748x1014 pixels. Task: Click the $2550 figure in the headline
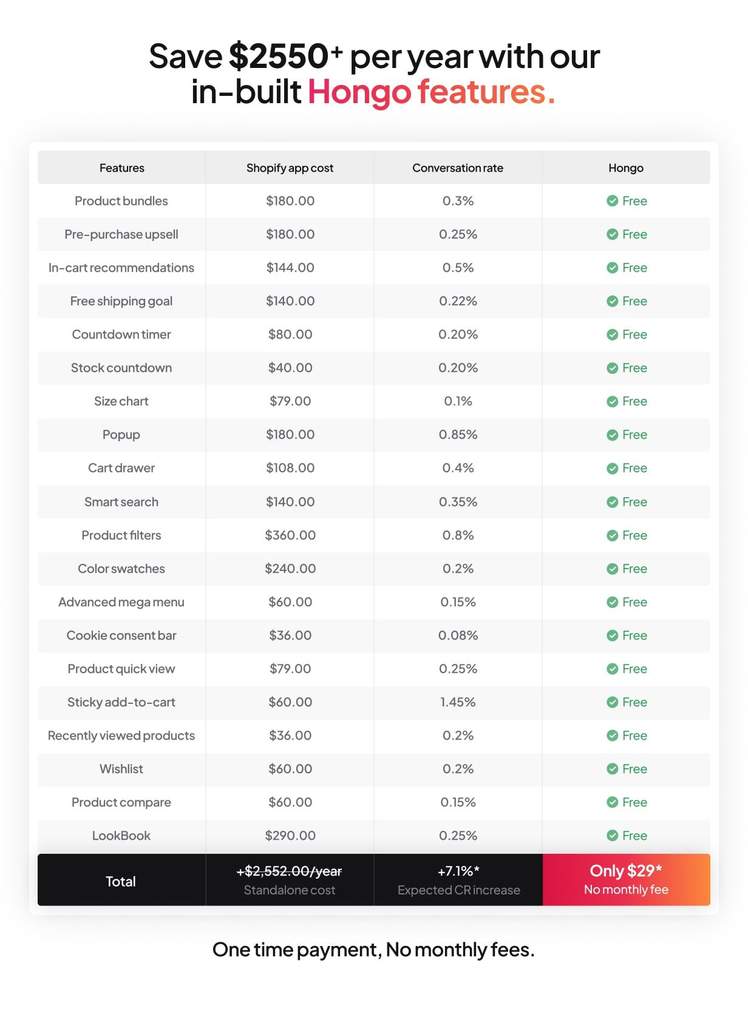pyautogui.click(x=279, y=56)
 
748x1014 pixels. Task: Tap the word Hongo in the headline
pyautogui.click(x=359, y=92)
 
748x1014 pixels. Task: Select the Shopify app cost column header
pyautogui.click(x=290, y=168)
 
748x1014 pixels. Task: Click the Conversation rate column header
pyautogui.click(x=458, y=168)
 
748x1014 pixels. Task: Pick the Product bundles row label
pyautogui.click(x=121, y=201)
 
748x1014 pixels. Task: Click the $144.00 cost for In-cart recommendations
pyautogui.click(x=290, y=268)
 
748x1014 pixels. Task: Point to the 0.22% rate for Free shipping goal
pyautogui.click(x=458, y=301)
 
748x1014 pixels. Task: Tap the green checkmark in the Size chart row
pyautogui.click(x=612, y=402)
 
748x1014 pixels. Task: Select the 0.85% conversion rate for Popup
pyautogui.click(x=458, y=434)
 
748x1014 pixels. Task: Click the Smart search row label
pyautogui.click(x=121, y=502)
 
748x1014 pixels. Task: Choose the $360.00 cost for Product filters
pyautogui.click(x=290, y=535)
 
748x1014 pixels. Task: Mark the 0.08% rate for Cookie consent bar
pyautogui.click(x=458, y=635)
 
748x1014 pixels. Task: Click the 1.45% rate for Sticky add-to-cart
pyautogui.click(x=458, y=702)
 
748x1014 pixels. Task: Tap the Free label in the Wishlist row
pyautogui.click(x=634, y=769)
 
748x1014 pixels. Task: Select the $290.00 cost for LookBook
pyautogui.click(x=290, y=836)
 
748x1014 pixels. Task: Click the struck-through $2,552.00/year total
pyautogui.click(x=290, y=871)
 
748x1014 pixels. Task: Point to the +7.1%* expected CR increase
pyautogui.click(x=458, y=871)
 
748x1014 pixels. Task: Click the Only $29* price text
pyautogui.click(x=625, y=871)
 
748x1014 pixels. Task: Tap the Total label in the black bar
pyautogui.click(x=121, y=881)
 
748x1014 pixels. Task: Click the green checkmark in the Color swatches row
pyautogui.click(x=612, y=569)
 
